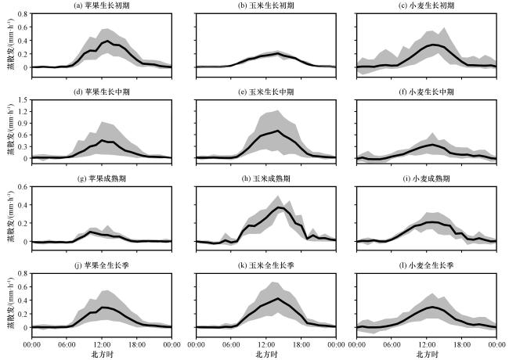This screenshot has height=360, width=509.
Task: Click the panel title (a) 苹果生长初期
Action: (x=102, y=5)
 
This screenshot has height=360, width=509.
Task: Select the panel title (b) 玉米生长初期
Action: (x=266, y=5)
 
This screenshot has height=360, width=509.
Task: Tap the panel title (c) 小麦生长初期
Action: (x=426, y=5)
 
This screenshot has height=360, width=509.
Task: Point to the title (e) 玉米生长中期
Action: (x=266, y=92)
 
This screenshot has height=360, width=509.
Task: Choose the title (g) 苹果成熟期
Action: (x=102, y=178)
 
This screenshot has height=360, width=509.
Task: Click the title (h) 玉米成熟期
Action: (x=266, y=178)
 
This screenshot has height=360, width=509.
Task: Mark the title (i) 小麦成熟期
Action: (x=426, y=178)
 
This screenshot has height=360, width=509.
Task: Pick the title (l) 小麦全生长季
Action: (x=426, y=265)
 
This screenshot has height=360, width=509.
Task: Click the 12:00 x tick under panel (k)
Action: (x=266, y=344)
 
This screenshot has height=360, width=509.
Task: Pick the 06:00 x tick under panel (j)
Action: (x=67, y=344)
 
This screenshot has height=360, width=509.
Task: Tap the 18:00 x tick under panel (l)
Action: (x=461, y=344)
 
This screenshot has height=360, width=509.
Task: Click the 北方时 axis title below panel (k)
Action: (x=266, y=354)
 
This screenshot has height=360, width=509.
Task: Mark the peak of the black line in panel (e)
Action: (x=277, y=131)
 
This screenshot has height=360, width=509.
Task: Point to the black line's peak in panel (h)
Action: (x=278, y=207)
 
